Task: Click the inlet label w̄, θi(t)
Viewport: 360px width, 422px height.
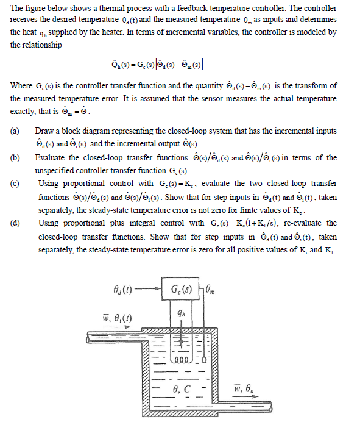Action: pyautogui.click(x=117, y=320)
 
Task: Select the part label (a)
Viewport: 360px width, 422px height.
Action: pyautogui.click(x=15, y=131)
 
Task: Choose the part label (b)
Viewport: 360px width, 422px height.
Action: pyautogui.click(x=15, y=157)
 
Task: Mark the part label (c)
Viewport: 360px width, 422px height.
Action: pyautogui.click(x=15, y=184)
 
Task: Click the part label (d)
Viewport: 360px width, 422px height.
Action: pyautogui.click(x=15, y=223)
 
